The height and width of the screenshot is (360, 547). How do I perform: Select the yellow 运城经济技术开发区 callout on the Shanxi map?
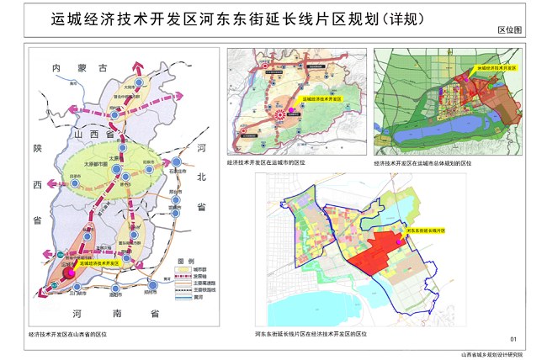[99, 263]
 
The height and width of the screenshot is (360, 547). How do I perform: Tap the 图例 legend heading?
[186, 260]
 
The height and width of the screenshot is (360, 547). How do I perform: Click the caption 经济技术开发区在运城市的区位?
[265, 162]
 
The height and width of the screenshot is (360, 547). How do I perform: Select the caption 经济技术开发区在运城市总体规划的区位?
[422, 163]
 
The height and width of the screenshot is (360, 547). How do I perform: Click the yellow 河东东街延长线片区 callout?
[424, 229]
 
